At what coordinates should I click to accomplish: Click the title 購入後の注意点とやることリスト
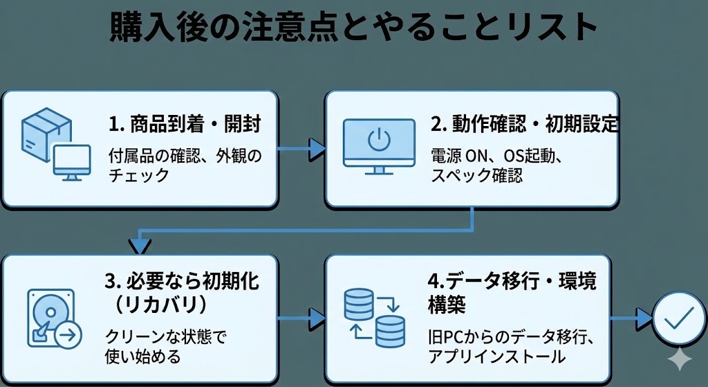pos(353,28)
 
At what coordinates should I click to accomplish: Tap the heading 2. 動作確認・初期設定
pos(525,125)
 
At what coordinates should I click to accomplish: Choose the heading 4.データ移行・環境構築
pos(512,292)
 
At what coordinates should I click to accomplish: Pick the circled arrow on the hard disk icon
pos(68,336)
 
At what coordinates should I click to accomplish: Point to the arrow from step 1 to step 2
pos(301,147)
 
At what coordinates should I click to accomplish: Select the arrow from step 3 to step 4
pos(301,318)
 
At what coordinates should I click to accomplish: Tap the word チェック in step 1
pos(138,176)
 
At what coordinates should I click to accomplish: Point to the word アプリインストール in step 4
pos(496,357)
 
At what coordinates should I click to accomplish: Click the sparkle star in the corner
pos(681,359)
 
